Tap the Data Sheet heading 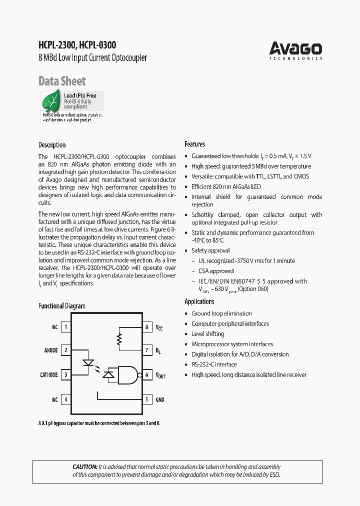pos(62,81)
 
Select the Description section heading pos(52,145)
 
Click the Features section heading pos(194,144)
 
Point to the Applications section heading pos(199,301)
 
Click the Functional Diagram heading pos(62,306)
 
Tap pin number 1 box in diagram pos(65,327)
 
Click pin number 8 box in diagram pos(147,327)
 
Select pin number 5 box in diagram pos(147,399)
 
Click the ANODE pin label pos(51,350)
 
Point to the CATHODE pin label pos(49,374)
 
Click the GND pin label pos(160,400)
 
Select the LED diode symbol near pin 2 pos(88,361)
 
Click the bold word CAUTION pos(84,467)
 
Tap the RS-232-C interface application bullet pos(214,364)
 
